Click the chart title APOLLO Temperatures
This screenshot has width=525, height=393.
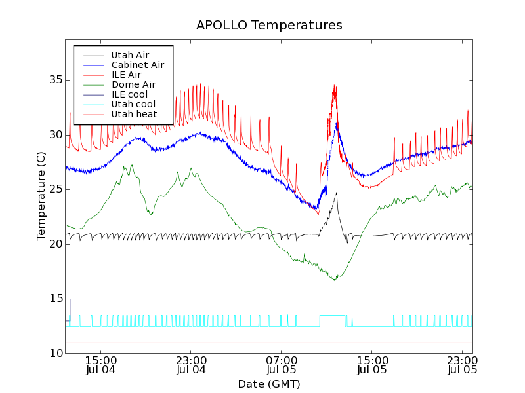[x=269, y=26]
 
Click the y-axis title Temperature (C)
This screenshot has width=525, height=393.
[x=41, y=195]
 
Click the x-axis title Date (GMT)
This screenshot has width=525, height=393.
[x=269, y=384]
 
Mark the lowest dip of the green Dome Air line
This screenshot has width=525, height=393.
[x=335, y=280]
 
